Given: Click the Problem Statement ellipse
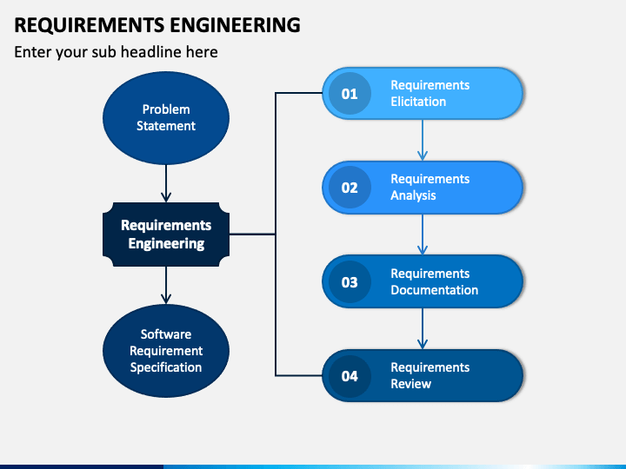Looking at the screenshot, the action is coord(166,118).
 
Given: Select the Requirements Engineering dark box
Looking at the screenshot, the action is coord(166,234).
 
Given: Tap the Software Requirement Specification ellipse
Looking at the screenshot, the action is coord(166,351).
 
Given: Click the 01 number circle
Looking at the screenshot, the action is coord(350,94).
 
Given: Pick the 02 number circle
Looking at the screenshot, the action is coord(350,188).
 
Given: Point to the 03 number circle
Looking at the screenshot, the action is coord(350,282).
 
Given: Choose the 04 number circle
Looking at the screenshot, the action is coord(350,376).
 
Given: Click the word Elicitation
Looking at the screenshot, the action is coord(418,102).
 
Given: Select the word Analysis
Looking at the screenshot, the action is coord(413,195).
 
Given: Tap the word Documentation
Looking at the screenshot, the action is coord(435,290).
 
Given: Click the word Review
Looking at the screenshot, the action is coord(410,384).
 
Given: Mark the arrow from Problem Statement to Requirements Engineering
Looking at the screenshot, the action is coord(166,183).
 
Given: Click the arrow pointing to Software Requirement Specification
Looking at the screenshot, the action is coord(166,286).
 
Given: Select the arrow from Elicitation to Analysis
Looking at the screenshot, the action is coord(423,140).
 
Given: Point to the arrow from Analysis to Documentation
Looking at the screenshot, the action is coord(423,234).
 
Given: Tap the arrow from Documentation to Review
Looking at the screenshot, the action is coord(423,328).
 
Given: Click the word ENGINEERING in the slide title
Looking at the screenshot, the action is coord(236,25).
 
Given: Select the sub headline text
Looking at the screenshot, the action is coord(116,52).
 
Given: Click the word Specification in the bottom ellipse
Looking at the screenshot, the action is coord(166,367).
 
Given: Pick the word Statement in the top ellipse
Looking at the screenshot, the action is coord(166,126).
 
